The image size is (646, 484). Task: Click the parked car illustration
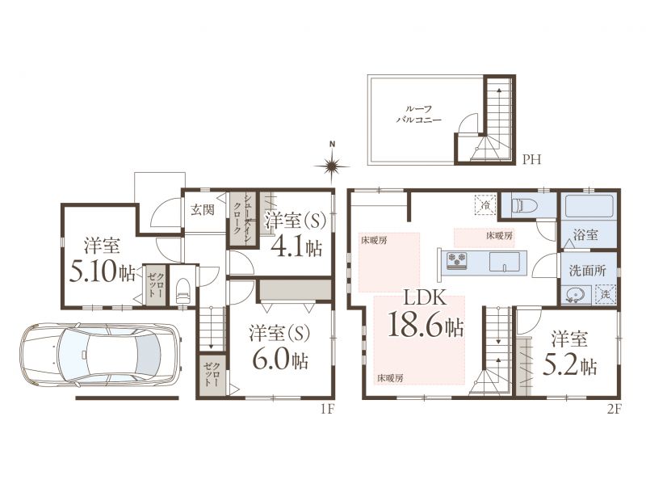coord(100,355)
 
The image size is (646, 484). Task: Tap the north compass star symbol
coord(332,166)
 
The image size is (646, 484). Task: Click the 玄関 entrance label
coord(202,209)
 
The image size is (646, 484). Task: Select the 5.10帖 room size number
coord(103,272)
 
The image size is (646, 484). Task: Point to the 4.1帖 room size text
coord(296,248)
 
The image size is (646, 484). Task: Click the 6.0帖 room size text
coord(279,360)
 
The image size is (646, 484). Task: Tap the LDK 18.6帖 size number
coord(426,326)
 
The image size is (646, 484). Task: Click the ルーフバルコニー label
coord(418,114)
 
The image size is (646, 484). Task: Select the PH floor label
coord(531,159)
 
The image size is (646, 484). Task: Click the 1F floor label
coord(327,409)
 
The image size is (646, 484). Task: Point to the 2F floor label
coord(613,409)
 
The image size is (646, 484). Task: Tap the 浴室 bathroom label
coord(585,235)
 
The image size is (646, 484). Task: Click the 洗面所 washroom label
coord(588,271)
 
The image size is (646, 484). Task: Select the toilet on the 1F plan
coord(182,291)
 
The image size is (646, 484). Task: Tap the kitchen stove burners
coord(456,259)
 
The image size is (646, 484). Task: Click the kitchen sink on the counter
coord(504,261)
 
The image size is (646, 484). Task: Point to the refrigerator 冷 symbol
coord(486,204)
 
